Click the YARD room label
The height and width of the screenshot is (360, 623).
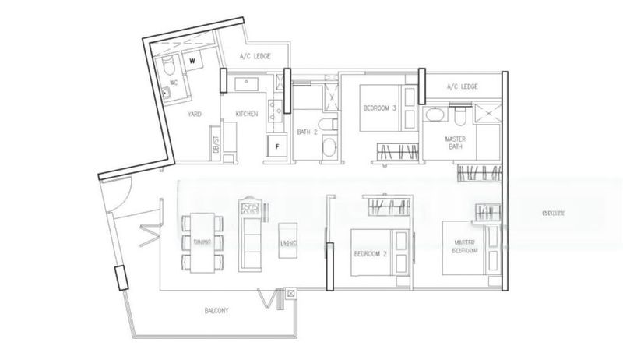coord(195,115)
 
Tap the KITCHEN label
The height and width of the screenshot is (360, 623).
coord(247,115)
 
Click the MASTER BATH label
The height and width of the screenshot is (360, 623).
coord(456,143)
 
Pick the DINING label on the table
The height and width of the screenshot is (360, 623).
coord(202,242)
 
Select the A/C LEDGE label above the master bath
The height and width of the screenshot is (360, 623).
coord(463,86)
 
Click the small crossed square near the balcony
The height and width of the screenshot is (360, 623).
coord(290,294)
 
